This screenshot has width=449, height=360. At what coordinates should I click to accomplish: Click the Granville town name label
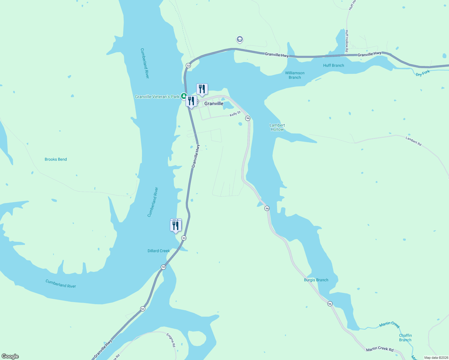(x=214, y=103)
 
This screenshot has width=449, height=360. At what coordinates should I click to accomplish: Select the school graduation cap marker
(x=240, y=39)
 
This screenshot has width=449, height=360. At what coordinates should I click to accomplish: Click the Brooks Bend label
(x=56, y=159)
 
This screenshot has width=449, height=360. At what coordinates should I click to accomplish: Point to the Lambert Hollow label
(x=277, y=127)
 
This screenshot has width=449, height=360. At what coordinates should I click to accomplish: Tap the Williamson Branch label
(x=295, y=75)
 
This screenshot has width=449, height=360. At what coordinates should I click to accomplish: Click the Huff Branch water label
(x=333, y=65)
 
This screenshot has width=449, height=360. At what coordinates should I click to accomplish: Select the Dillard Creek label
(x=159, y=251)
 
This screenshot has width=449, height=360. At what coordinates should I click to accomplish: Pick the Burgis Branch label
(x=316, y=280)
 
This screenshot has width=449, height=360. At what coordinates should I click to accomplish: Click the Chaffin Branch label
(x=405, y=337)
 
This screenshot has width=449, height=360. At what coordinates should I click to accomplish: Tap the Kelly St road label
(x=235, y=114)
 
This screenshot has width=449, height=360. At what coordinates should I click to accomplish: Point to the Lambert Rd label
(x=414, y=141)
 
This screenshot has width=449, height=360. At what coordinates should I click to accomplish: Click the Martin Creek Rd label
(x=380, y=349)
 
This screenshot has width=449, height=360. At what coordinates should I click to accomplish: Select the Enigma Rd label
(x=171, y=340)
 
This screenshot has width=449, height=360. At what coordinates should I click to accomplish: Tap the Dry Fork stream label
(x=423, y=73)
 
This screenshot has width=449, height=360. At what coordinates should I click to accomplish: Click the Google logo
(x=10, y=356)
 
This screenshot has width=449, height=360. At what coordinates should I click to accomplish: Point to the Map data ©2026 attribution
(x=436, y=358)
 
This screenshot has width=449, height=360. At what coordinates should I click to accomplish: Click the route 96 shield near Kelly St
(x=248, y=118)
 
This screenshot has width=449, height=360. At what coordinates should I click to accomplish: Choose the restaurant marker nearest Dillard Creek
(x=176, y=226)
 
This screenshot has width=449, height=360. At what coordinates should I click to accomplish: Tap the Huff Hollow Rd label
(x=347, y=41)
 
